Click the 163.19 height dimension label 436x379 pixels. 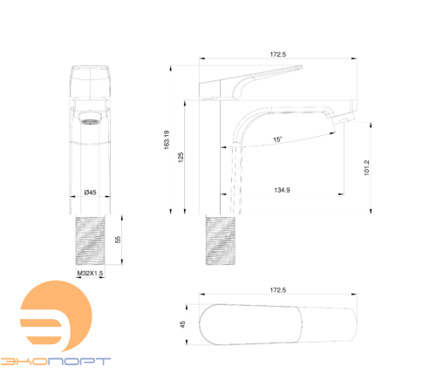pyautogui.click(x=167, y=140)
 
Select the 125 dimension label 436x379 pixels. pyautogui.click(x=181, y=157)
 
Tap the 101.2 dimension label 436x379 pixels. pyautogui.click(x=366, y=167)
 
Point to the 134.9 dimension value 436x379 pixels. pyautogui.click(x=282, y=190)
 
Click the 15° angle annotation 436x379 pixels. pyautogui.click(x=277, y=139)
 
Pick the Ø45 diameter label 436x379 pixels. pyautogui.click(x=90, y=193)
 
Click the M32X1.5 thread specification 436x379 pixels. pyautogui.click(x=90, y=273)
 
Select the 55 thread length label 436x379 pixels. pyautogui.click(x=118, y=240)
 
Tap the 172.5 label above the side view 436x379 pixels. pyautogui.click(x=278, y=54)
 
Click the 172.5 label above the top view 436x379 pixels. pyautogui.click(x=278, y=290)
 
